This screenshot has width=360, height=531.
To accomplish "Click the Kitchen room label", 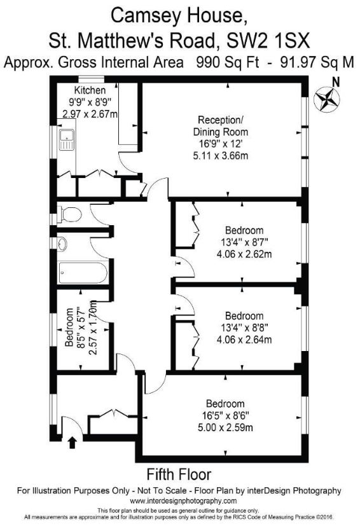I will [90, 90].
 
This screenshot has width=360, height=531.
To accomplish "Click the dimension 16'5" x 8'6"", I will [225, 415].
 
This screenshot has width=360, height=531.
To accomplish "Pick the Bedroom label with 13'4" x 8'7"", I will [244, 230].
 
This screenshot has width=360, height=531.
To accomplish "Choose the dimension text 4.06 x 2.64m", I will [244, 339].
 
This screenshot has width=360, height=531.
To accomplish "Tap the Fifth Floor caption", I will [179, 474].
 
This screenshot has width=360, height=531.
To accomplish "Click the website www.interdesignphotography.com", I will [179, 501].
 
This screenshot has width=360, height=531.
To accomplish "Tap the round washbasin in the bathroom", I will [62, 242].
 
